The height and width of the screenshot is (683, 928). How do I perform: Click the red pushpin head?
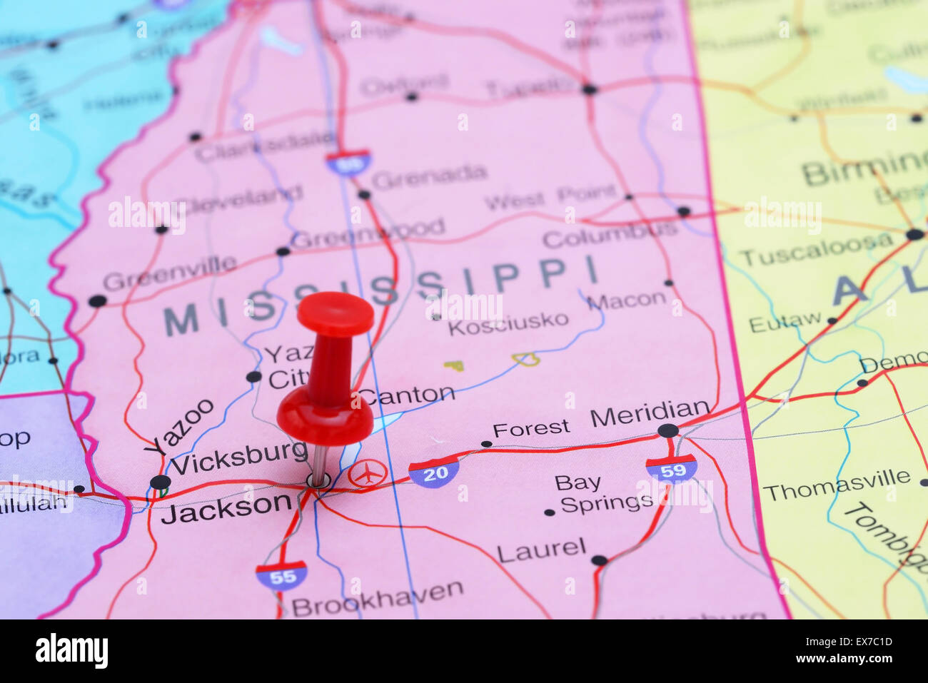(334, 313)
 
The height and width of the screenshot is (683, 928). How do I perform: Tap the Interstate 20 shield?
(434, 472)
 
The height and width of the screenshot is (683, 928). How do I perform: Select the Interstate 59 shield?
(671, 469)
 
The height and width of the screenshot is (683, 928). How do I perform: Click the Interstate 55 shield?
(282, 576)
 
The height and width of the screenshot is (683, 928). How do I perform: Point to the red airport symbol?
(368, 474)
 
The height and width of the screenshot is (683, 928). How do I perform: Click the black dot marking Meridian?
(668, 430)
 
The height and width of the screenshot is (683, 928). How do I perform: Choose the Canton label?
(406, 395)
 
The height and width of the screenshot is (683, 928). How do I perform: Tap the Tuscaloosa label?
(814, 250)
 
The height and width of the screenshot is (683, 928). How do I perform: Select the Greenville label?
(169, 272)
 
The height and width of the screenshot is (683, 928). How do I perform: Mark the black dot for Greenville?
(97, 301)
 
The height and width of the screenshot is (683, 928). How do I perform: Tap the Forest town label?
(531, 428)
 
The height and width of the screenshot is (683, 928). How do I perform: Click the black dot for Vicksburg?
(161, 482)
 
